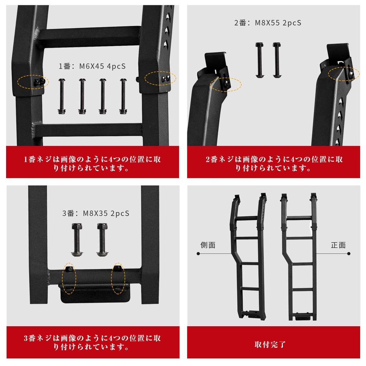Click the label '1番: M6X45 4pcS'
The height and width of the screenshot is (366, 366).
tap(92, 66)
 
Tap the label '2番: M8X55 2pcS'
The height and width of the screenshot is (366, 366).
tap(268, 23)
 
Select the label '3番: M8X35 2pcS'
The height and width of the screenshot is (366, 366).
tap(96, 213)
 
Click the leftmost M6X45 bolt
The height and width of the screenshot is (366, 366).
tap(61, 96)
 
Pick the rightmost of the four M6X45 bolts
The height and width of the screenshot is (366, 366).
tap(123, 96)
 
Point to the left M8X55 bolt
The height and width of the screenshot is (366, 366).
tap(259, 60)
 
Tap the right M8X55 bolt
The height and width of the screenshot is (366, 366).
tap(276, 60)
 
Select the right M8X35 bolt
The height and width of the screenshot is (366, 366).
tap(102, 239)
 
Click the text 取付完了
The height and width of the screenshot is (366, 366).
tap(270, 345)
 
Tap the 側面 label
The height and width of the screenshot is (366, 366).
tap(208, 245)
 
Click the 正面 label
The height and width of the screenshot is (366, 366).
tap(338, 245)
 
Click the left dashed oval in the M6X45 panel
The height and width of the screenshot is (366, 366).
tap(33, 81)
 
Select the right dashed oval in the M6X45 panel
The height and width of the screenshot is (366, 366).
tap(160, 78)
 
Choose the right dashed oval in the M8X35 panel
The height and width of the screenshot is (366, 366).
tap(118, 278)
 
